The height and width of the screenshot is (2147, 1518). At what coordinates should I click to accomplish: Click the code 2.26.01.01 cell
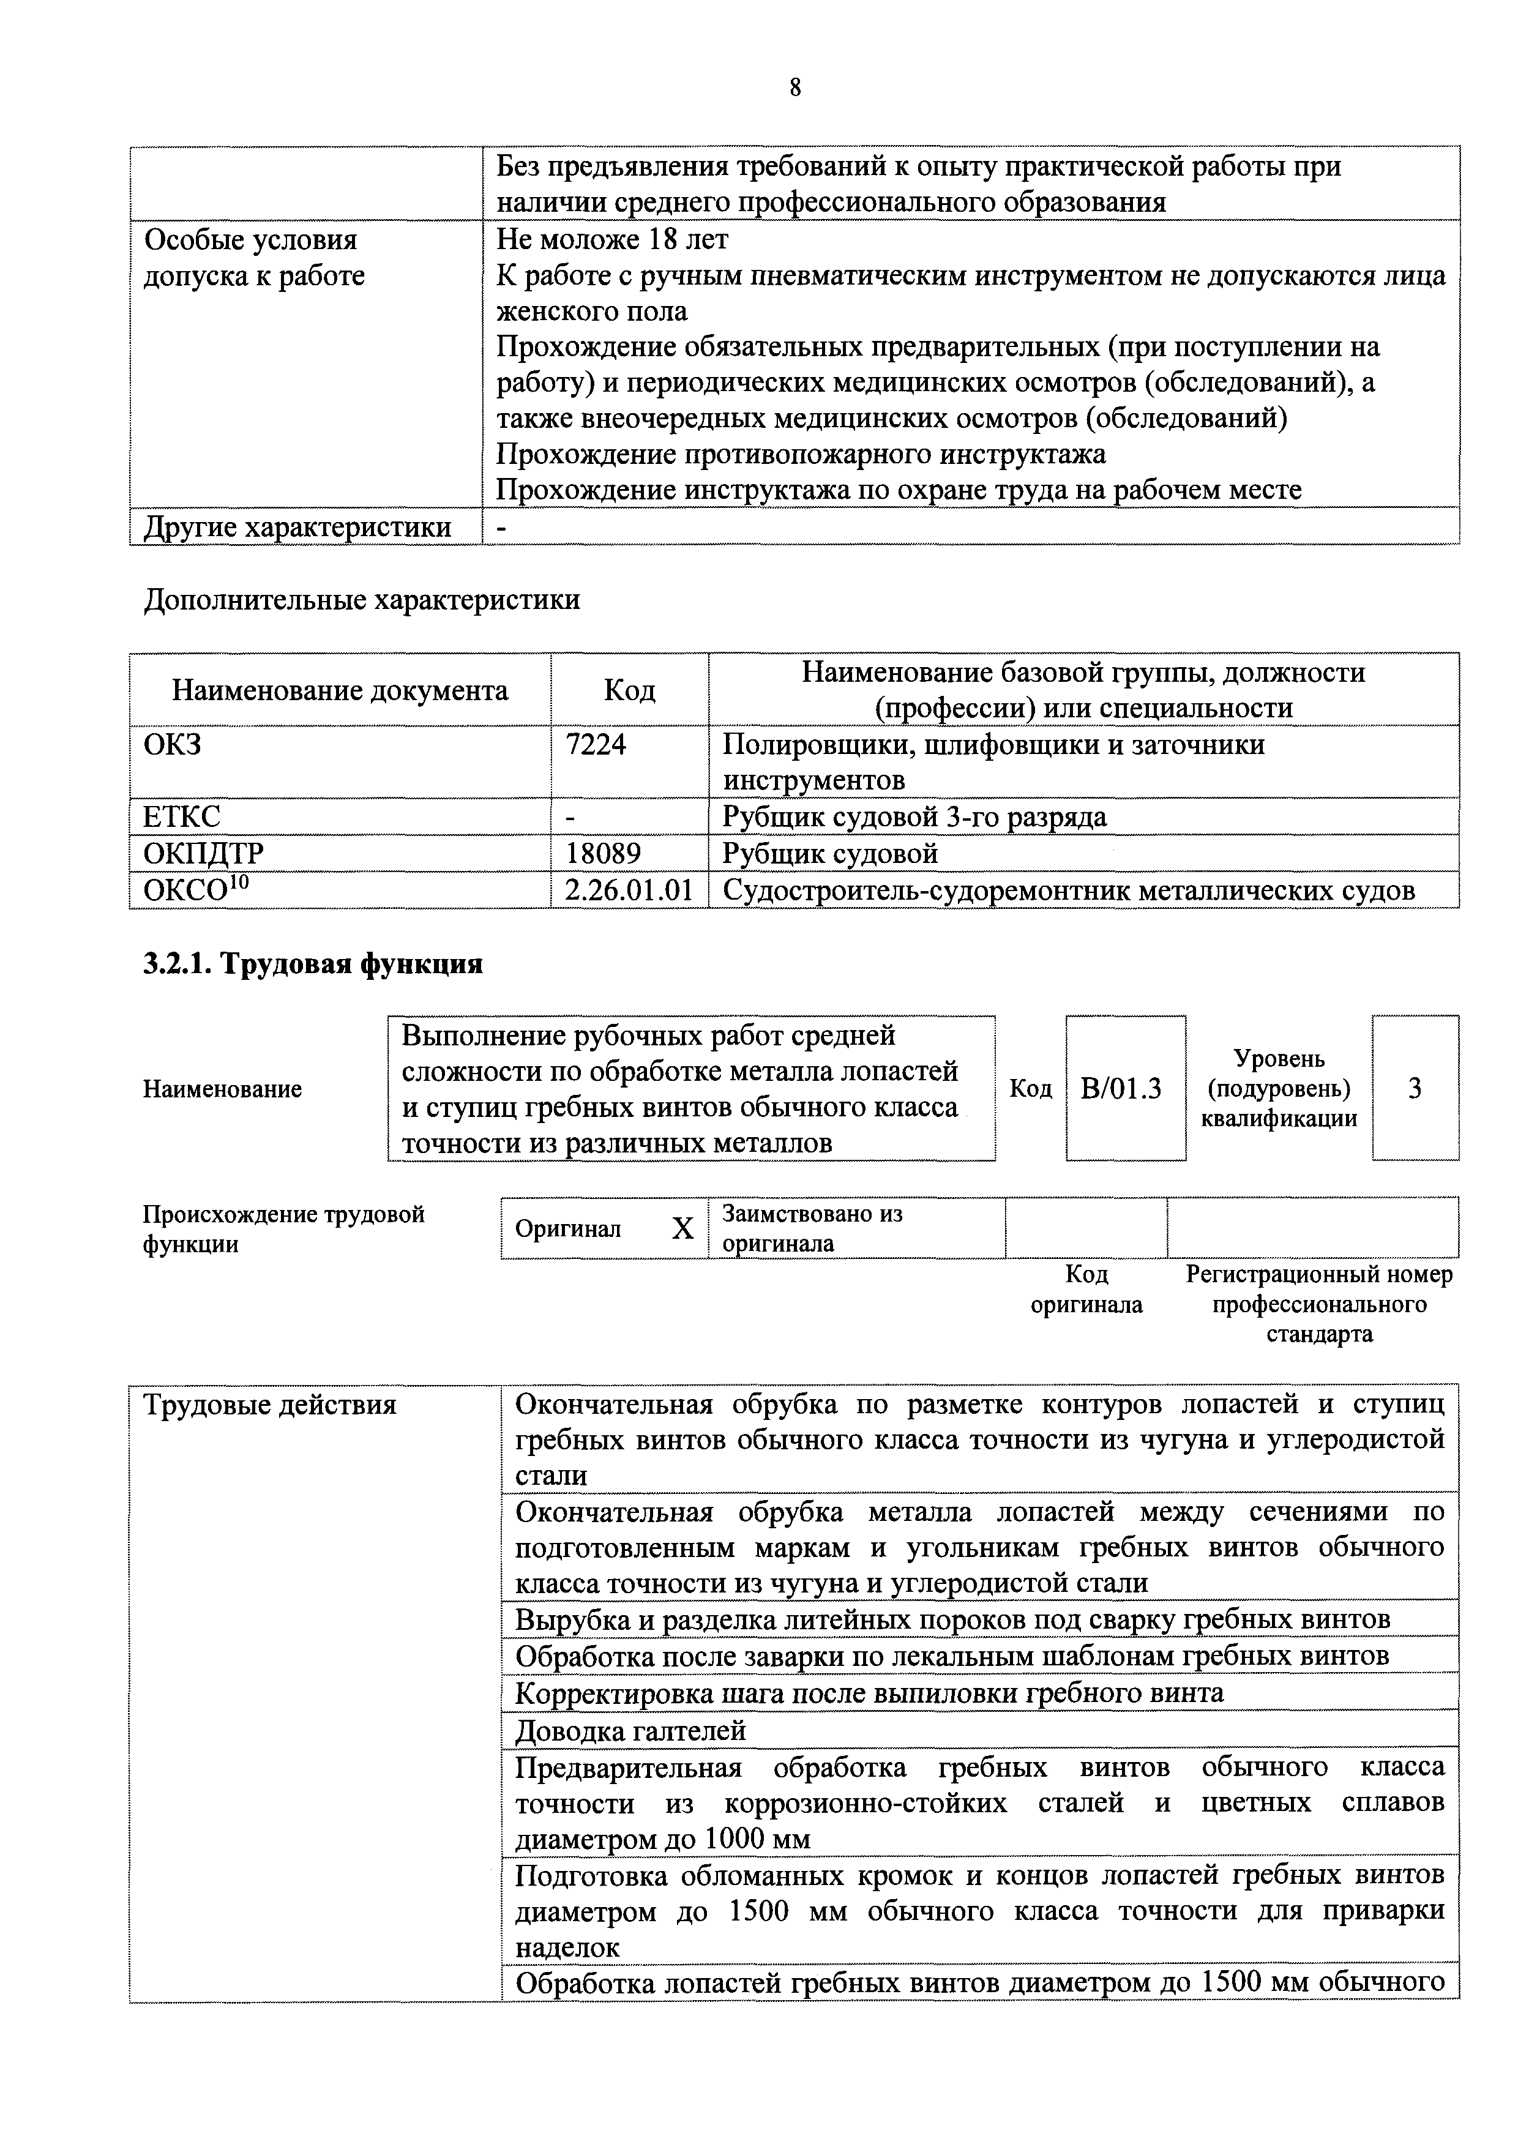629,891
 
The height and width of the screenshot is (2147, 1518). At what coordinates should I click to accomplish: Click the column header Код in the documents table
629,690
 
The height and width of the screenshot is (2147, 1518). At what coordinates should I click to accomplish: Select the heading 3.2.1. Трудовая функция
312,963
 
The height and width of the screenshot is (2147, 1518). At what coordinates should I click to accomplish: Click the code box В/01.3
1125,1088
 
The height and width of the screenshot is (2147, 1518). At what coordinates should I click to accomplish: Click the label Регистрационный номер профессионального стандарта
1319,1304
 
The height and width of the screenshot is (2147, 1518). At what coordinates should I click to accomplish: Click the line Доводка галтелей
630,1731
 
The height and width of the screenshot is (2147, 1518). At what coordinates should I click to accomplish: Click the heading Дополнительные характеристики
361,599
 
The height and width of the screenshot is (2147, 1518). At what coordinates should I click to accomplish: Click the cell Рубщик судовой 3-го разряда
914,816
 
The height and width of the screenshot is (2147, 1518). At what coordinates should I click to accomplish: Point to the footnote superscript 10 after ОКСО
241,883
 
